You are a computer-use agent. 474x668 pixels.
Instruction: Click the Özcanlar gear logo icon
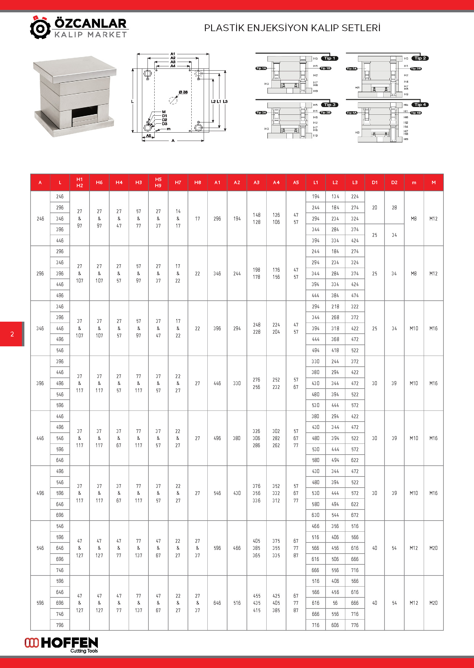point(40,28)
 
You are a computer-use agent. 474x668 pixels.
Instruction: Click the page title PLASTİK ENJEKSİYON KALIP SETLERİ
point(292,28)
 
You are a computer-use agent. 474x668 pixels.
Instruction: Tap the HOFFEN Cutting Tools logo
point(61,645)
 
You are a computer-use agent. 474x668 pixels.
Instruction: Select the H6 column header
point(99,183)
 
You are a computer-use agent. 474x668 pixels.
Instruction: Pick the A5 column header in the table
point(296,183)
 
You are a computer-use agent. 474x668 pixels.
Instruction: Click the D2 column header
point(394,183)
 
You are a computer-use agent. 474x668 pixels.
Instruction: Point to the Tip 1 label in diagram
point(330,58)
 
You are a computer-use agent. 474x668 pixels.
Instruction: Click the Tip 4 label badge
point(420,105)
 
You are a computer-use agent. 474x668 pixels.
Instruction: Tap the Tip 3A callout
point(261,113)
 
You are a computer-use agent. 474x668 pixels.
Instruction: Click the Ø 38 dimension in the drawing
point(183,92)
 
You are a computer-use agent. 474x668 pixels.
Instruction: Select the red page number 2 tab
point(12,334)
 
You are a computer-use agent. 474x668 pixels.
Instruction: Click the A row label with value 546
point(40,548)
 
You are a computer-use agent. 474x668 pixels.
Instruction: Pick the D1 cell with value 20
point(374,208)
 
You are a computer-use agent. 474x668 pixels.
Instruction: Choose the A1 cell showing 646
point(217,603)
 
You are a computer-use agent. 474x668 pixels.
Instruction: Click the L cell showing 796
point(60,625)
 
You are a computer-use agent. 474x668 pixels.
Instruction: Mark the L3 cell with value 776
point(355,625)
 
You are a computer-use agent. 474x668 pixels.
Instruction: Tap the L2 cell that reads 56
point(335,603)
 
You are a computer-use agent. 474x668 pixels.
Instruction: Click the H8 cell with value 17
point(197,219)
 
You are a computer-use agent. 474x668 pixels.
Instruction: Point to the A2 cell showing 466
point(237,548)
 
